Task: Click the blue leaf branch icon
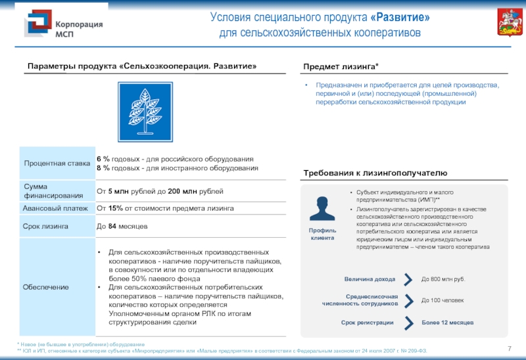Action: point(145,112)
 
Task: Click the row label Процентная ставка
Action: point(57,163)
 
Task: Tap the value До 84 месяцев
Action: point(122,226)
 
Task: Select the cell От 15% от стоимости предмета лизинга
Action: point(165,208)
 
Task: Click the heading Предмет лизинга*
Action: point(341,67)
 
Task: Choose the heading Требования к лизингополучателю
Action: point(375,173)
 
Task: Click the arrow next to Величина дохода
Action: point(408,279)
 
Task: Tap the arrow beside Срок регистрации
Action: point(408,323)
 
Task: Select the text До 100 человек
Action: point(442,301)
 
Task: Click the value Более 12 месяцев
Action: point(447,323)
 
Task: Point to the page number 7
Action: point(510,348)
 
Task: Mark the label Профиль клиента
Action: point(323,235)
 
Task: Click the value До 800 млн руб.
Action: point(442,279)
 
